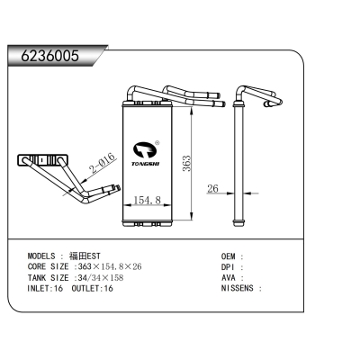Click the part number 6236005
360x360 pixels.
[49, 56]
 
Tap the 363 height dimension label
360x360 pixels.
[186, 164]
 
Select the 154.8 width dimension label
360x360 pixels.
[147, 200]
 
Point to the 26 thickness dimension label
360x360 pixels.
[212, 188]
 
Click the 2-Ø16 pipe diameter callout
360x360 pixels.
[103, 165]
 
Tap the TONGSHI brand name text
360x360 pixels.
[146, 164]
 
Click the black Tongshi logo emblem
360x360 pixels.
[145, 151]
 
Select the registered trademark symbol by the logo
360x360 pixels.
[157, 142]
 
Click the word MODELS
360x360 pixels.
[41, 256]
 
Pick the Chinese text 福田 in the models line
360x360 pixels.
[77, 256]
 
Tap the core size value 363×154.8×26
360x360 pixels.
[110, 266]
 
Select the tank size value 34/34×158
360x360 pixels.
[101, 278]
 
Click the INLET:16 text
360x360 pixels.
[45, 289]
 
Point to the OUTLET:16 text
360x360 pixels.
[93, 289]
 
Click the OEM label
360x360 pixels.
[229, 256]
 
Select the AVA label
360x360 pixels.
[229, 278]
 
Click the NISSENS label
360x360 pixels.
[238, 288]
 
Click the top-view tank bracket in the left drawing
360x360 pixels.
[43, 159]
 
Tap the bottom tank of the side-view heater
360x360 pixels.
[239, 222]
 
